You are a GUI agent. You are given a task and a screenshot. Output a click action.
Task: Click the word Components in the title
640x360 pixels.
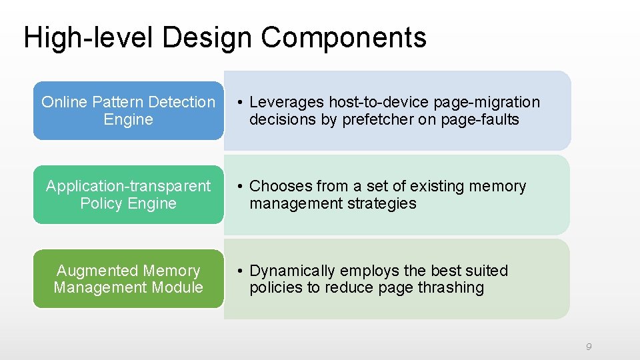pos(343,38)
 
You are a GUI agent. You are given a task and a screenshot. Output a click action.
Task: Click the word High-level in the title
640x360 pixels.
pos(89,38)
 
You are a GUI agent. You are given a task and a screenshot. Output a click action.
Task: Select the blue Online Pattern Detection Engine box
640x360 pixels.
pos(128,111)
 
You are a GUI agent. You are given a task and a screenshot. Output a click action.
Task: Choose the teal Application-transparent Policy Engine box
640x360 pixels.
pos(128,195)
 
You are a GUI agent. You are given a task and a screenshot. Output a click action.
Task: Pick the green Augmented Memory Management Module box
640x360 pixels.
pos(128,279)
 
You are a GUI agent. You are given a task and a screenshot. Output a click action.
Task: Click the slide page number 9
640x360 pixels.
pos(589,347)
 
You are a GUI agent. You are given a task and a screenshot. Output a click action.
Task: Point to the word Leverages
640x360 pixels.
pos(287,103)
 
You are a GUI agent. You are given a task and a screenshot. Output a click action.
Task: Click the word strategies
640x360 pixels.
pos(382,204)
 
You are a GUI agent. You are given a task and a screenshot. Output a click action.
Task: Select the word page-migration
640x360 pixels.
pos(487,103)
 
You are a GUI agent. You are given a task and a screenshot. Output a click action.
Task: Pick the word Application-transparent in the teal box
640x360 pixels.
pos(128,186)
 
